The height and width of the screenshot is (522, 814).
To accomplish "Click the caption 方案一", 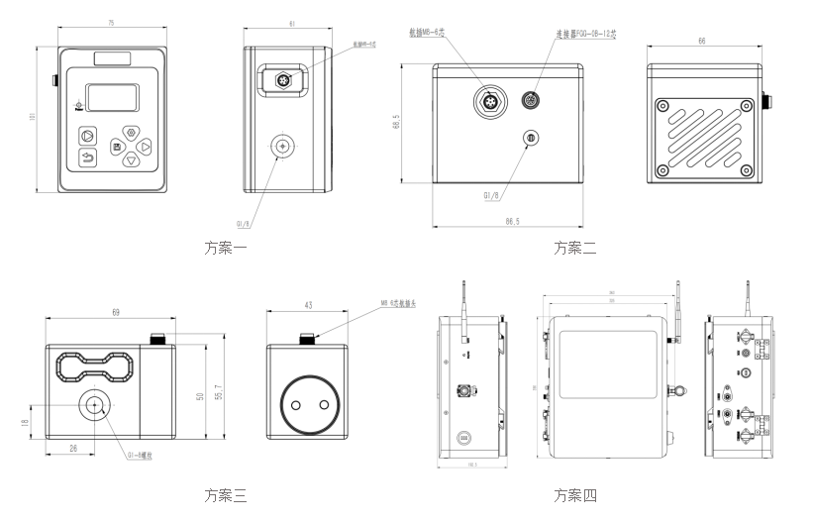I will click(225, 248).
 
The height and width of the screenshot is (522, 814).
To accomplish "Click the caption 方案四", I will click(575, 495).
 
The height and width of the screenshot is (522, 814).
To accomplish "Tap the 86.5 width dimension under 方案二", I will click(512, 221).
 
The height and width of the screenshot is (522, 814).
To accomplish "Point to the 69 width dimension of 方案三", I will click(116, 313).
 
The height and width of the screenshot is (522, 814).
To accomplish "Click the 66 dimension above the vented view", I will click(701, 42).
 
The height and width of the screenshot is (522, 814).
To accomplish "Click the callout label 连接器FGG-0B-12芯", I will click(585, 34).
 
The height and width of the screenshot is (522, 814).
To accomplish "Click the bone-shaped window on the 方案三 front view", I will click(95, 369).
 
